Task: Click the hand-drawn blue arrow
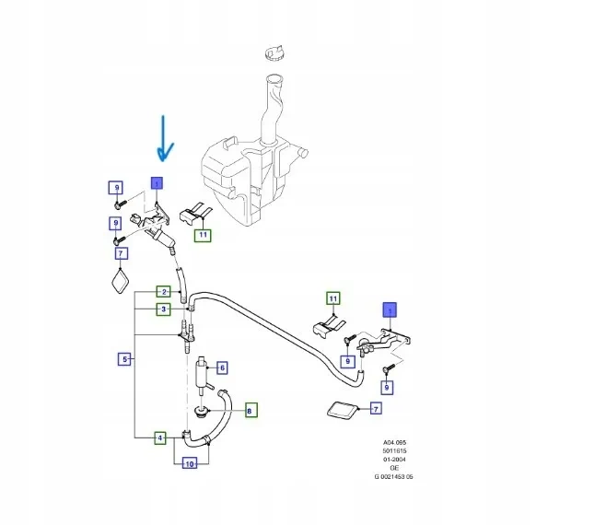point(165,138)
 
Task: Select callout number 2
point(162,292)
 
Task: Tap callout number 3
point(162,309)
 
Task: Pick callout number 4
point(160,438)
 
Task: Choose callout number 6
point(221,367)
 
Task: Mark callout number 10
point(189,463)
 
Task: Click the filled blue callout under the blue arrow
point(157,183)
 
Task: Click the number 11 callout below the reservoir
point(203,235)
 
